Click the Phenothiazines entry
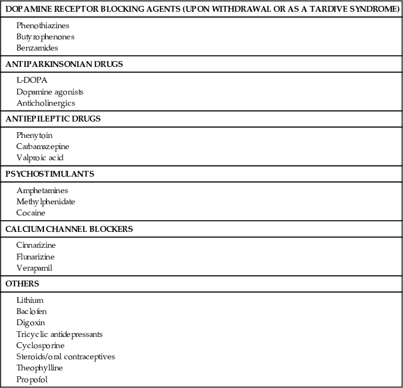(x=42, y=26)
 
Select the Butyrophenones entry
(x=45, y=37)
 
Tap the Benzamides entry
(x=37, y=48)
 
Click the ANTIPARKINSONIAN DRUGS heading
(x=64, y=64)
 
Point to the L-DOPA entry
(x=32, y=80)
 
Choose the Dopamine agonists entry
(x=50, y=92)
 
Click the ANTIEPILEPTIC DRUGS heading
(x=53, y=119)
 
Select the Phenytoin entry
(x=35, y=136)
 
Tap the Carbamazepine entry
(x=43, y=147)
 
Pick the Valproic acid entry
(x=39, y=158)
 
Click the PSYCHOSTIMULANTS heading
(x=49, y=174)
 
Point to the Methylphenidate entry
(x=46, y=202)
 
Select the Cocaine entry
(x=31, y=213)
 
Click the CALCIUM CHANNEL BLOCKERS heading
(x=69, y=229)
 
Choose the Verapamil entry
(x=35, y=268)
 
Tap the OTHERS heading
(x=22, y=284)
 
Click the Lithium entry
(x=30, y=301)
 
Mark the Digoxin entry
(x=31, y=323)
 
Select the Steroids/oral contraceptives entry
(x=66, y=357)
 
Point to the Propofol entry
(x=32, y=379)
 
